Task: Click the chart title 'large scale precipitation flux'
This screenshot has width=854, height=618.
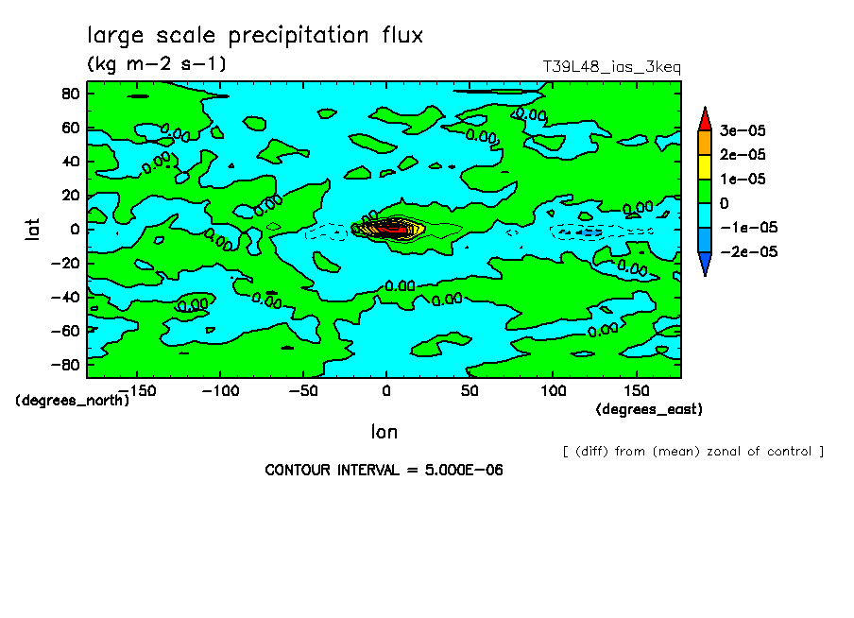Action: point(255,36)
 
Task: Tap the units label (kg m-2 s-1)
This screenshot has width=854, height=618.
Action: point(156,64)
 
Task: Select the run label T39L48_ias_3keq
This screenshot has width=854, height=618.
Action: point(611,67)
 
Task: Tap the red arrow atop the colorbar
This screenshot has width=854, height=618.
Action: point(704,118)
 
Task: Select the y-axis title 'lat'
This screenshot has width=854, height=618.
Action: point(32,228)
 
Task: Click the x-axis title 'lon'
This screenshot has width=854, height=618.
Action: point(384,433)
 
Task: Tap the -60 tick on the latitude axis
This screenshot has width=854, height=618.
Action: point(65,330)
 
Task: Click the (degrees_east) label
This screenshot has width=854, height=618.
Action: point(649,409)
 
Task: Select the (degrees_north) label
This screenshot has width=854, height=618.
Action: point(73,400)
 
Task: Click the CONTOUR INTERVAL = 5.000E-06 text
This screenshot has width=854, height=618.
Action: point(384,470)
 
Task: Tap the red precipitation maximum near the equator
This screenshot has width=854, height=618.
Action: point(396,229)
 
